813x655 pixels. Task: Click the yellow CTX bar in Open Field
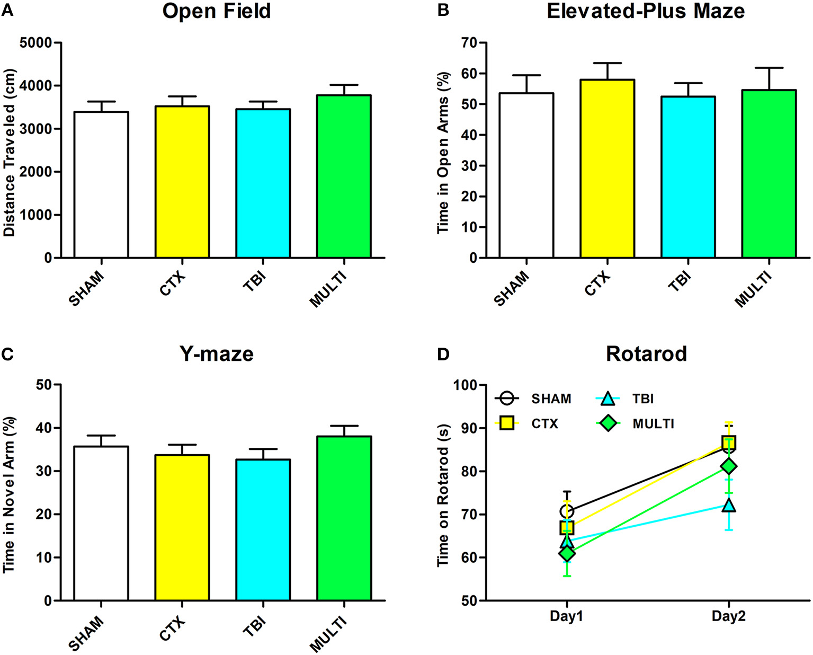[x=182, y=182]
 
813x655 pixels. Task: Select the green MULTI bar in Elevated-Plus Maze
[x=769, y=174]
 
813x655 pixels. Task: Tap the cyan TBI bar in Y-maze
[x=263, y=529]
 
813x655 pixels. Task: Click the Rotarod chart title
[x=646, y=353]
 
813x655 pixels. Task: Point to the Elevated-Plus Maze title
[x=645, y=11]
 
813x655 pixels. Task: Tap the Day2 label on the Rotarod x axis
[x=728, y=616]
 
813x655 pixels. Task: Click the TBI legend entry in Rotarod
[x=642, y=399]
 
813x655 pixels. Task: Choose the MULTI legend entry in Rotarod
[x=653, y=423]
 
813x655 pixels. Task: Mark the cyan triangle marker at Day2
[x=729, y=505]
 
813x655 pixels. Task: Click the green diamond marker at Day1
[x=567, y=553]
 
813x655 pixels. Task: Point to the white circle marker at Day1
[x=567, y=511]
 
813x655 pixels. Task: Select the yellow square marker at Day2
[x=729, y=442]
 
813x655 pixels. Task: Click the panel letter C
[x=7, y=354]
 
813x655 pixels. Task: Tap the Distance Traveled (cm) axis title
[x=9, y=153]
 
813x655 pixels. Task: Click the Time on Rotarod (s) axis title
[x=443, y=495]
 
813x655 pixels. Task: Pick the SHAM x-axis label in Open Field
[x=86, y=288]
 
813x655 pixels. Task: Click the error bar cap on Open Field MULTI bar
[x=344, y=85]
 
